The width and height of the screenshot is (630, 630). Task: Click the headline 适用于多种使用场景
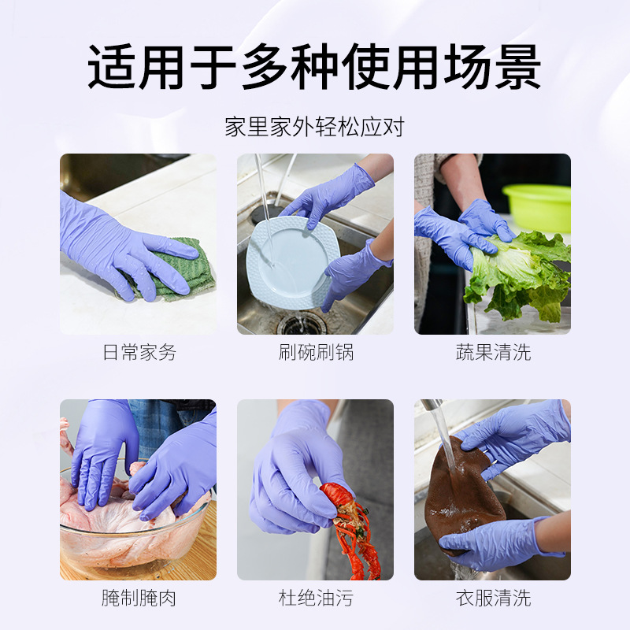314,66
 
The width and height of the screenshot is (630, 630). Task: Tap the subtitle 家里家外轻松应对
314,127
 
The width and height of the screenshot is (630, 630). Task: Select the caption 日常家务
139,352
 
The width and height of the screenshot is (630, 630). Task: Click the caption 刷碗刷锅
316,352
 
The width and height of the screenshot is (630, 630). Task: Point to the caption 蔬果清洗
493,352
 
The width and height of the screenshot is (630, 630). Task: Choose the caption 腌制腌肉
139,598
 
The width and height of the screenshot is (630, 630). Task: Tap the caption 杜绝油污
316,598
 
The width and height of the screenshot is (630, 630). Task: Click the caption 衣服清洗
493,598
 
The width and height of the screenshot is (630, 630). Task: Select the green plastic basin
539,206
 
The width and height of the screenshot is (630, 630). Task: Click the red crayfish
350,528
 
